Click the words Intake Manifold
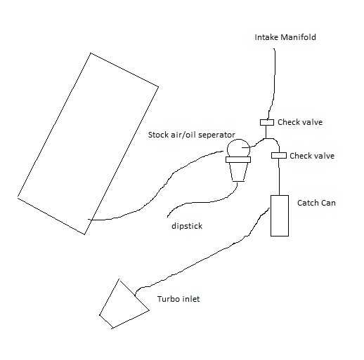(285, 37)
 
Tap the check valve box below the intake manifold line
(267, 122)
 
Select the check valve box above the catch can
(279, 155)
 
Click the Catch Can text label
(316, 203)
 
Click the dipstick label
(187, 226)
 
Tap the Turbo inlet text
(178, 299)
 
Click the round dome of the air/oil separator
(238, 140)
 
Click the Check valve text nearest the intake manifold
(300, 122)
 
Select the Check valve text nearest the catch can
(312, 156)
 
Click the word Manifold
(298, 37)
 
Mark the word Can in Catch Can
(329, 203)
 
